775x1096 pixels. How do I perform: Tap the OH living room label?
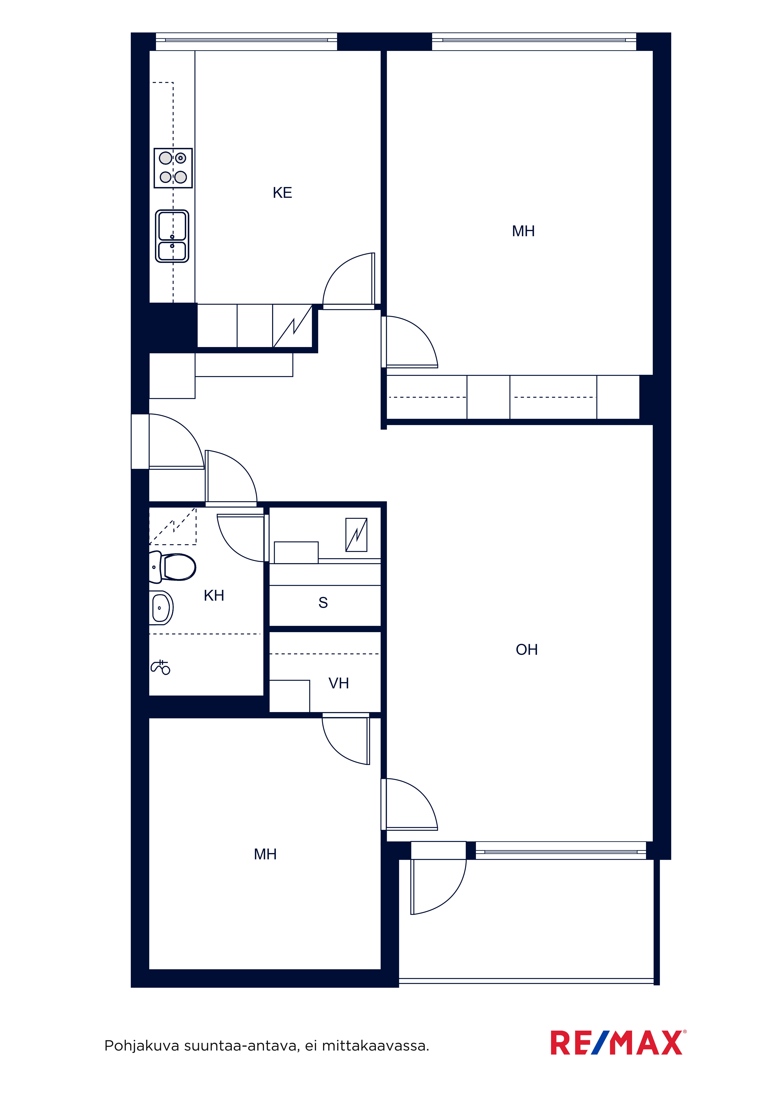pos(527,650)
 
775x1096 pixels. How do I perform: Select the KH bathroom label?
pos(214,596)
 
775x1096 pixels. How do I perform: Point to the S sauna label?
pos(323,603)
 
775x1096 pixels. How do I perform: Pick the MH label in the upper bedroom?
pos(523,232)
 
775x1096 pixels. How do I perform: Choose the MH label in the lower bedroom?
pos(265,854)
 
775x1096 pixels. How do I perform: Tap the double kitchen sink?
pos(172,236)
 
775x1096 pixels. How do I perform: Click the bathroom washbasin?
pos(161,608)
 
